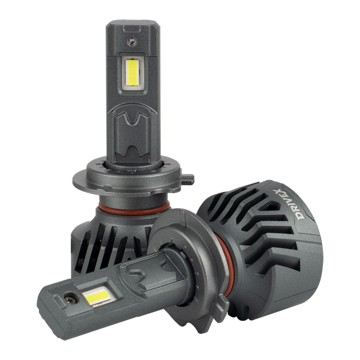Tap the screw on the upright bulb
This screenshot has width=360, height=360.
coord(132,41)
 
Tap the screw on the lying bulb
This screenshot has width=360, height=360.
coord(70,301)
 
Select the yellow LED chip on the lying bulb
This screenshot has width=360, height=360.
coord(97,297)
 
